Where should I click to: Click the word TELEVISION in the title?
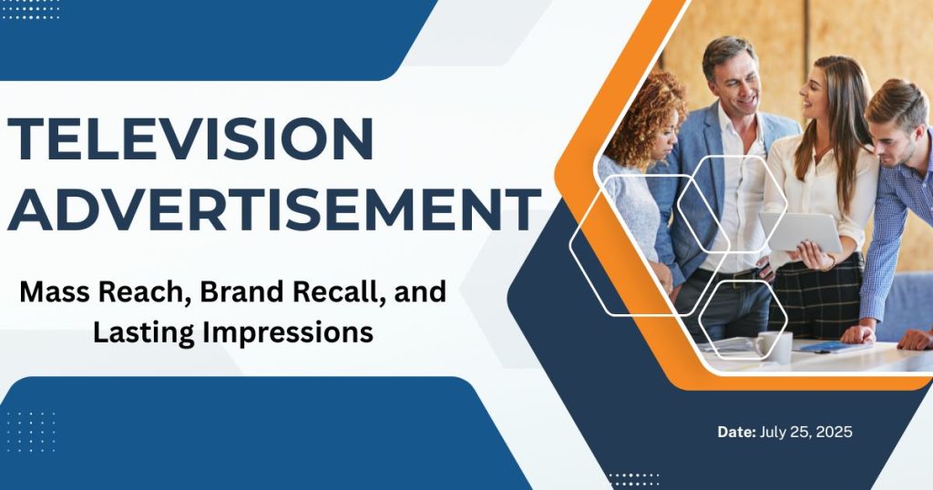click(191, 139)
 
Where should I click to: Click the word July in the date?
click(774, 432)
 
